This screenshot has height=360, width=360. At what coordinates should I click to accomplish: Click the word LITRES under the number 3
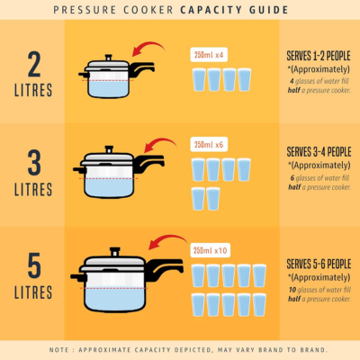point(32,193)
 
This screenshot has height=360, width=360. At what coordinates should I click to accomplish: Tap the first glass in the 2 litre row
point(199,79)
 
